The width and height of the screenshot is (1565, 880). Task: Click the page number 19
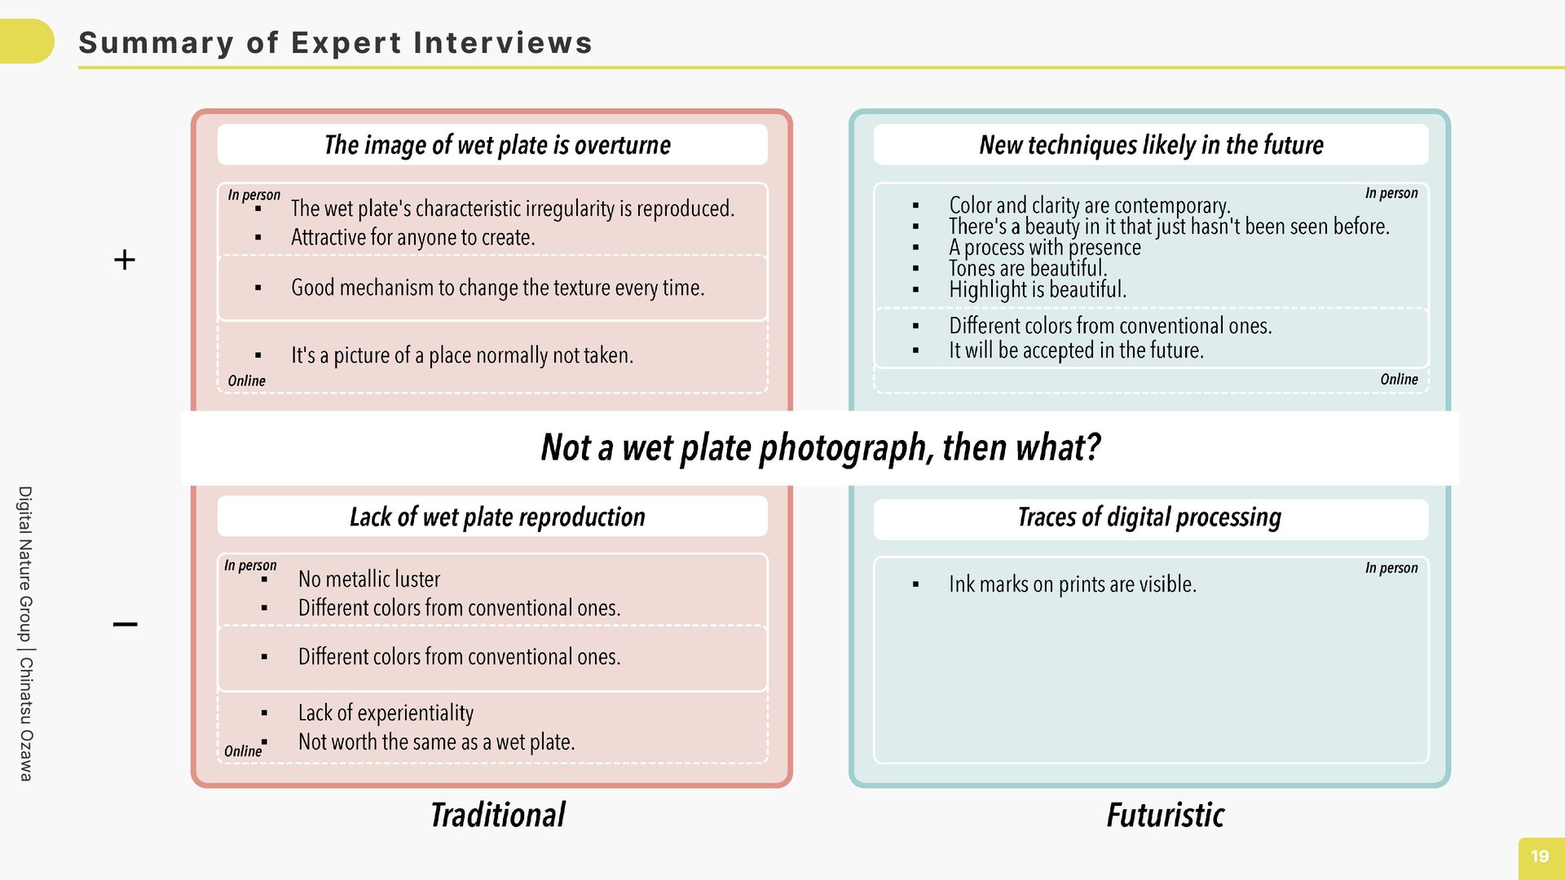coord(1539,856)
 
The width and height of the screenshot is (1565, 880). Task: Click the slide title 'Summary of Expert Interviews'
coord(335,43)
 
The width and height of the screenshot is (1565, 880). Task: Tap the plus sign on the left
coord(125,260)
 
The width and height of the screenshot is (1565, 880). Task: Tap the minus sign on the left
coord(125,625)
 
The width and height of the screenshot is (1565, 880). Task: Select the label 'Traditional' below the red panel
coord(497,815)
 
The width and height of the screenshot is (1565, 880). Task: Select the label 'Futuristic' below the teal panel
coord(1165,815)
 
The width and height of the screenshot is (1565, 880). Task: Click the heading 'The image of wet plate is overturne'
coord(497,145)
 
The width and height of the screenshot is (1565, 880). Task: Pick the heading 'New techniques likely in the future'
coord(1151,145)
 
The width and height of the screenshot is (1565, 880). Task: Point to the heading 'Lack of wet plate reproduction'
coord(497,517)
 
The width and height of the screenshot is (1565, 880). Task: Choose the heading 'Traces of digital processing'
coord(1149,517)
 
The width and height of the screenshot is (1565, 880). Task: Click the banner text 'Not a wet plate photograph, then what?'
coord(820,447)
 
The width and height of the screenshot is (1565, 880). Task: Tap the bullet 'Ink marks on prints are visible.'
coord(1072,584)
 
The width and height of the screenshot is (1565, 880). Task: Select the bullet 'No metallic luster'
coord(368,579)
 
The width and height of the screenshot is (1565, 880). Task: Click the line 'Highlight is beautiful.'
coord(1037,289)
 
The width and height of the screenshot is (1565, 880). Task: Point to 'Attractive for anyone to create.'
coord(412,238)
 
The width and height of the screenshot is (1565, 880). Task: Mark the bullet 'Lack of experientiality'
coord(386,713)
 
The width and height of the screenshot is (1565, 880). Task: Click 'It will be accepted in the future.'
coord(1076,350)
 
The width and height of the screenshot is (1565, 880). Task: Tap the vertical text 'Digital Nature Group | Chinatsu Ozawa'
coord(26,633)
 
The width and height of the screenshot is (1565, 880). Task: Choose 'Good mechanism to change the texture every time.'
coord(497,288)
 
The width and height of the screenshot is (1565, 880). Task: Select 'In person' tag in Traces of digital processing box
coord(1391,568)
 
